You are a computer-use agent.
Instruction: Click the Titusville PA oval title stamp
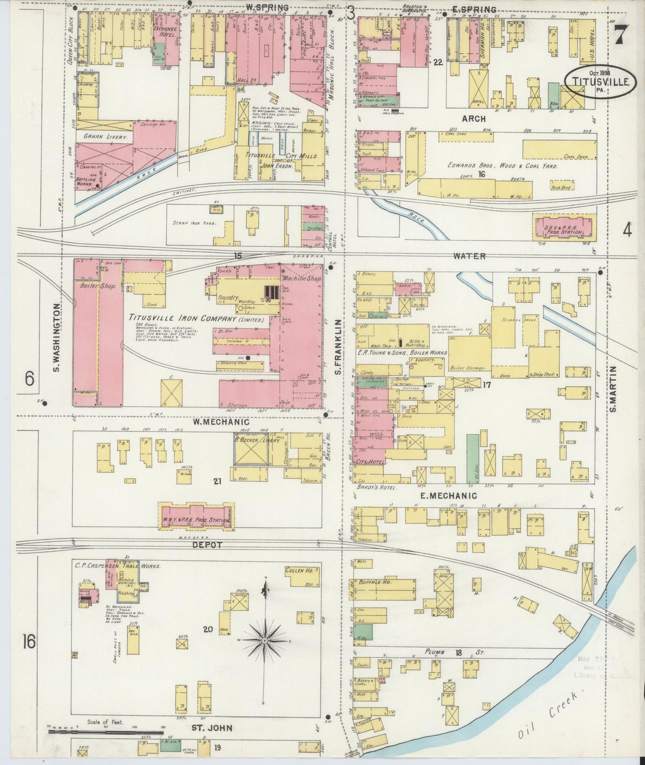[x=599, y=81]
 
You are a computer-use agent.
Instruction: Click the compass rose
[x=266, y=641]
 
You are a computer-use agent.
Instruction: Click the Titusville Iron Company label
[x=196, y=319]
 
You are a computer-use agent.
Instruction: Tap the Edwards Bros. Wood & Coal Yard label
[x=503, y=166]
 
